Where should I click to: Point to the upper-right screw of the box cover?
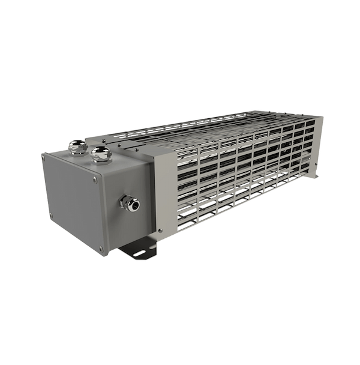tap(94, 178)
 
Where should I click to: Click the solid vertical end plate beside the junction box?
tap(158, 192)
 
